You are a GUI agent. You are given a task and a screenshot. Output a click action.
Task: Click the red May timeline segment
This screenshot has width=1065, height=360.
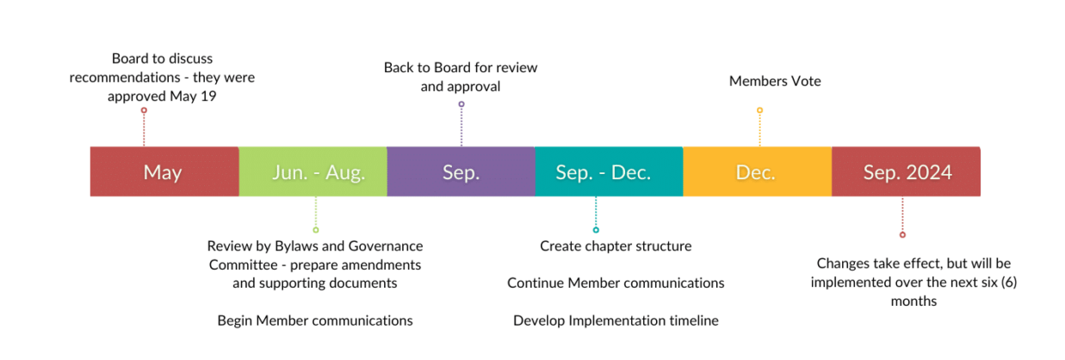pos(164,172)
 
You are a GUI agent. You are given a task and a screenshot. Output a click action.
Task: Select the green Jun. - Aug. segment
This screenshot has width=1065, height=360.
pos(313,172)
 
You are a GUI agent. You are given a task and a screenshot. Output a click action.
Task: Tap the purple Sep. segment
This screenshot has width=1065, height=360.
pos(461,172)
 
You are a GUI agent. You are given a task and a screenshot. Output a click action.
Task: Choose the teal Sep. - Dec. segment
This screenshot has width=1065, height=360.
pos(609,172)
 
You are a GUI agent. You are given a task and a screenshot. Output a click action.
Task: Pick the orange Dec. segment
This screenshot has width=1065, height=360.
pos(757,172)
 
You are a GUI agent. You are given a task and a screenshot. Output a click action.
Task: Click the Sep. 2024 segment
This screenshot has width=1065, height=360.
pos(906,172)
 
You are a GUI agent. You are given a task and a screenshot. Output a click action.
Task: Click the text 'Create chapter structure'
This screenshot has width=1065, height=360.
pos(616,246)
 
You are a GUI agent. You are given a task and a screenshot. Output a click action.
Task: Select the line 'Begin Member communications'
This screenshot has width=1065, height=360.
pos(315,320)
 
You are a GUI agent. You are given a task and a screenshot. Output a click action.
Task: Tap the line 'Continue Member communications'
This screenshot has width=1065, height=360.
pos(616,283)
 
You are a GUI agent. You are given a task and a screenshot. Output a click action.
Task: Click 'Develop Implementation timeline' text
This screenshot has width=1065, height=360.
pos(616,320)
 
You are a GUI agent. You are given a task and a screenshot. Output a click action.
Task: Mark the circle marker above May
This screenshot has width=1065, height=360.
pos(144,110)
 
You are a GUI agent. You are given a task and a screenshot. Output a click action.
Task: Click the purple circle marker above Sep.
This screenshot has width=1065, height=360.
pos(461,104)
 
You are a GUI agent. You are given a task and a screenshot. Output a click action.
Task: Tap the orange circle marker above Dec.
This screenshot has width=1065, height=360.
pos(759,110)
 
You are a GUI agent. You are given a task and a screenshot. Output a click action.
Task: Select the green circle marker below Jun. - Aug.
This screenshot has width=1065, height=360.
pos(316,230)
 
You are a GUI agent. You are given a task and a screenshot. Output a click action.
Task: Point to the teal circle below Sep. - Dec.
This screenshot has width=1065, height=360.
pos(596,230)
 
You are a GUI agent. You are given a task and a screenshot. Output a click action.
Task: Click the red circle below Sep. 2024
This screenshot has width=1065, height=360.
pos(902,234)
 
